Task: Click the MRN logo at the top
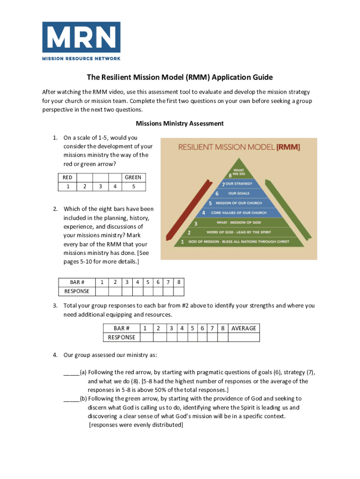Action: [81, 41]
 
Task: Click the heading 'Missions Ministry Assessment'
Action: [180, 123]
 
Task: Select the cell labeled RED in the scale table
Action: [68, 177]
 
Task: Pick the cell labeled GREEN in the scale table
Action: [133, 177]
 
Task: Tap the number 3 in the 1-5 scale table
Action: [101, 187]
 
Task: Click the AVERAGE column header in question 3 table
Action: [244, 328]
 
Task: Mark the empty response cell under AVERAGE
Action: [244, 337]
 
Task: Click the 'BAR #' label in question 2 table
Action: [77, 282]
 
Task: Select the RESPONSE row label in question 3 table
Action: [121, 337]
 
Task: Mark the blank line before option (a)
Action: [72, 373]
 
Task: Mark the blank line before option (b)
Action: [72, 399]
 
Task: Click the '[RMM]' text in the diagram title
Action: [288, 147]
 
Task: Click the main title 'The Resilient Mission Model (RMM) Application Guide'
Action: [180, 77]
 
